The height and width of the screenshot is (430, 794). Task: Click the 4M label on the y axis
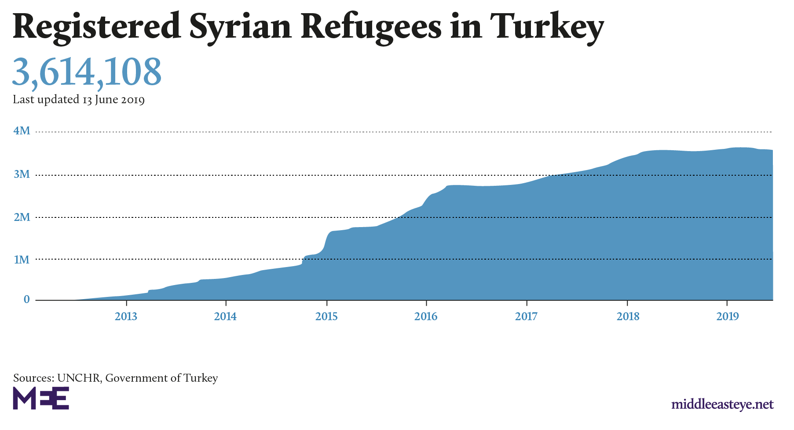click(22, 130)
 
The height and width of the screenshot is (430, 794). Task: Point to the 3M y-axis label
click(22, 174)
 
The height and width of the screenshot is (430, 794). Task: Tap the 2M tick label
click(22, 217)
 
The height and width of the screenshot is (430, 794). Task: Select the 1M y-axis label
click(22, 260)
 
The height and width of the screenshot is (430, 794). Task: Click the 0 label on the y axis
click(27, 300)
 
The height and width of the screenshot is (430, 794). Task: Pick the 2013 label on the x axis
click(126, 316)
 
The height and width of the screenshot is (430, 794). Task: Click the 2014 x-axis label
click(225, 316)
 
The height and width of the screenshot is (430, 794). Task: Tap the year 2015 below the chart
click(326, 316)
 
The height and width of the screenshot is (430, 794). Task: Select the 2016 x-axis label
click(426, 316)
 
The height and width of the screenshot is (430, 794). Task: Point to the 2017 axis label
click(526, 316)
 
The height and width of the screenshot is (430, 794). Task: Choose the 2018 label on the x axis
click(628, 316)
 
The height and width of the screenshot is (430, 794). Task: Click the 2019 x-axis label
click(728, 316)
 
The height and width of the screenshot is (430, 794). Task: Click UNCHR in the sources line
click(78, 378)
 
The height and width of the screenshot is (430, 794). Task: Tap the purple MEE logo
click(41, 398)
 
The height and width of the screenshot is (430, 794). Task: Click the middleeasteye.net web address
click(722, 404)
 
